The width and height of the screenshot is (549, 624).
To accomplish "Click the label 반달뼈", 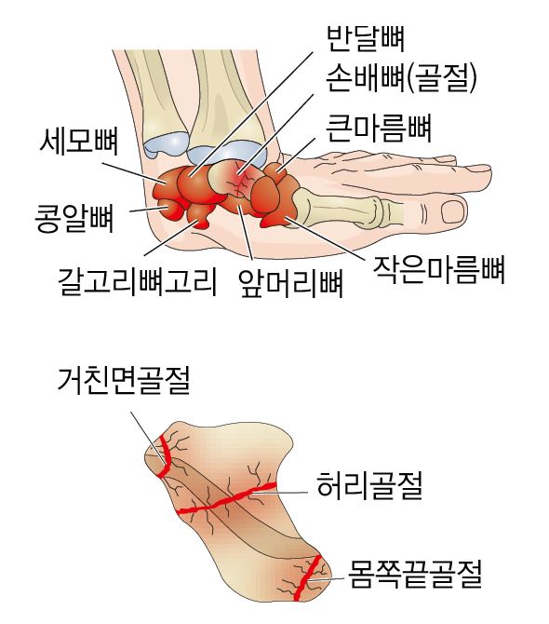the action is (x=366, y=38).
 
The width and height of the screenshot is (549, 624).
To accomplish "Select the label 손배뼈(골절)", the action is (x=401, y=78).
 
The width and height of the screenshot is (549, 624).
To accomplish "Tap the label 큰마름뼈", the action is (x=379, y=129).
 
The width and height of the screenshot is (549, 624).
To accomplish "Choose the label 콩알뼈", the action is (x=74, y=219).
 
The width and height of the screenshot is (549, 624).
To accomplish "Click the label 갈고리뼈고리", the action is (x=138, y=282).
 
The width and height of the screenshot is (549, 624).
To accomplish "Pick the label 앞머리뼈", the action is (x=290, y=283).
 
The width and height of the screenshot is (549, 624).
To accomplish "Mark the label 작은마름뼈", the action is (x=438, y=270).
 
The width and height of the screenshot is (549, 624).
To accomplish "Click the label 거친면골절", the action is (x=124, y=380).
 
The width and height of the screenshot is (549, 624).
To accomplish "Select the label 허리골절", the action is (x=369, y=485).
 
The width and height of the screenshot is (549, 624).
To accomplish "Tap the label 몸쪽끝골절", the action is (x=415, y=574).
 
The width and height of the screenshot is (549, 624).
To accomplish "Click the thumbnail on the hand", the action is (x=453, y=211).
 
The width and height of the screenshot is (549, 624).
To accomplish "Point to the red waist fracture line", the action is (x=227, y=498).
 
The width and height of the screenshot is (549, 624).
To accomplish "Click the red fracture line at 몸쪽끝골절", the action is (x=307, y=577).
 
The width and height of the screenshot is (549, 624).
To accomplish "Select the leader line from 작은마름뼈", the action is (x=325, y=238).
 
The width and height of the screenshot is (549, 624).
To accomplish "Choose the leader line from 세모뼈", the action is (x=134, y=173).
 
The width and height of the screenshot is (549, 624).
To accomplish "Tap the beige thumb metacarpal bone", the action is (x=339, y=208).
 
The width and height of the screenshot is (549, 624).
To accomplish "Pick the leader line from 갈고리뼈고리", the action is (x=170, y=238).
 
